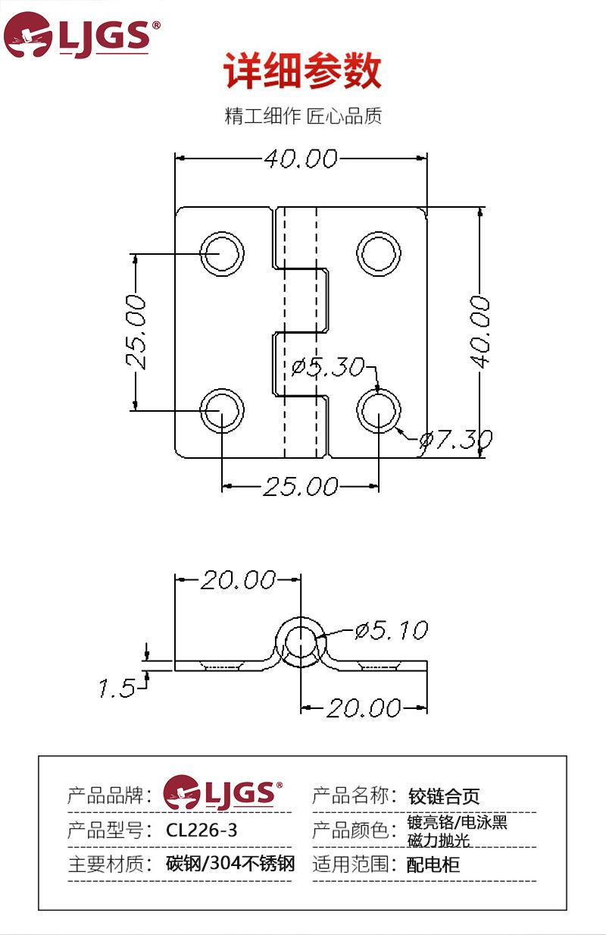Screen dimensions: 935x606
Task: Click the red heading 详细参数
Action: (302, 72)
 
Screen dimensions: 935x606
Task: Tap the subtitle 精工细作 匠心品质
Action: (303, 116)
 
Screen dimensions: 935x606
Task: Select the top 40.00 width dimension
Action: (300, 158)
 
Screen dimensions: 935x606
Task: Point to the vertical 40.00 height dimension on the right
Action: (479, 331)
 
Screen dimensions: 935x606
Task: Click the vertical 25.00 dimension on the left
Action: (136, 331)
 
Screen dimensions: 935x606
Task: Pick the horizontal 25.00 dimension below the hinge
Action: (300, 486)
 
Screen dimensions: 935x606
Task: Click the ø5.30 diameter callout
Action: (328, 367)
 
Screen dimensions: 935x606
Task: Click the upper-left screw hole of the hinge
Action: (222, 253)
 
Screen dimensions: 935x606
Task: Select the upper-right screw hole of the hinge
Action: (380, 253)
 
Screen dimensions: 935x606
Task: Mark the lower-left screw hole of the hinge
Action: (222, 410)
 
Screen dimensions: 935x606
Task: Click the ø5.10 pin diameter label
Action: (391, 630)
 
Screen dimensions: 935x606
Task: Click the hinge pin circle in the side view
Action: (301, 643)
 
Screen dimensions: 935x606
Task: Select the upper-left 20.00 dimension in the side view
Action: (237, 580)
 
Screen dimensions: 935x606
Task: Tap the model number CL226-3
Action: (201, 830)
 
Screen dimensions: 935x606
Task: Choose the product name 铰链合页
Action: (444, 796)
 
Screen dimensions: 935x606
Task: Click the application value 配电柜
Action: (433, 864)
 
